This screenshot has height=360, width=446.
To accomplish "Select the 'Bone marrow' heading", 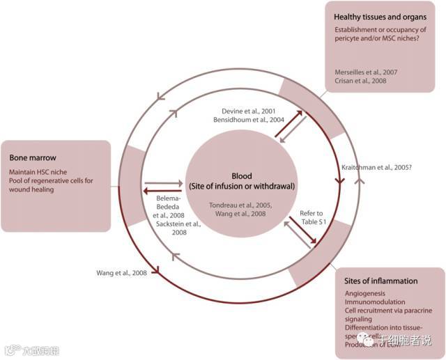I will pos(31,157).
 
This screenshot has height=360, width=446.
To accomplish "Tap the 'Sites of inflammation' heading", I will pos(380,281).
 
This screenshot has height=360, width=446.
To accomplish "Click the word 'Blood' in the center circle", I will pos(243,177).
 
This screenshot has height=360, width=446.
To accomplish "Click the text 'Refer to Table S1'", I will pos(311,217).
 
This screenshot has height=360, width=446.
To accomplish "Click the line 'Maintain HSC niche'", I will pos(41,171).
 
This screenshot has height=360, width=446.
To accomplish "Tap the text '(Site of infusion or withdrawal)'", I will pos(243,187).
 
